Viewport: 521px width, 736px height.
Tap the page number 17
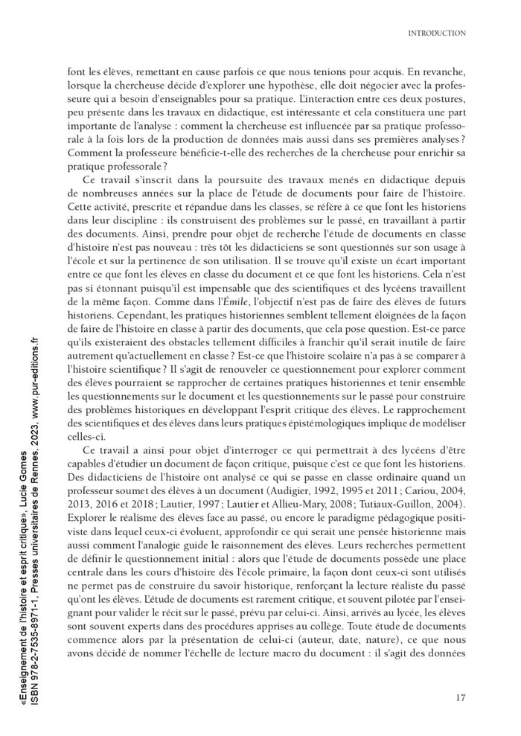pos(460,697)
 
